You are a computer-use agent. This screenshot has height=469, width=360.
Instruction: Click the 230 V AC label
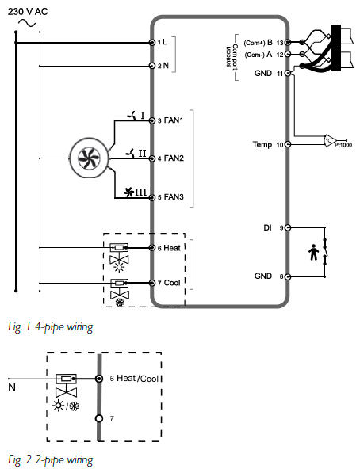point(28,12)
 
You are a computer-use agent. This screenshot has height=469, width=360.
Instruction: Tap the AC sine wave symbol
point(27,23)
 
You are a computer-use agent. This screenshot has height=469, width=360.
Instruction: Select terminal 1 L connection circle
point(151,43)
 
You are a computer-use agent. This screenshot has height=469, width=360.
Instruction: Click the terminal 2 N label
point(163,66)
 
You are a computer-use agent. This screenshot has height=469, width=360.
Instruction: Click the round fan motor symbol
point(89,158)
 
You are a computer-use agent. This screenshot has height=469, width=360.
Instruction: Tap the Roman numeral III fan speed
point(140,192)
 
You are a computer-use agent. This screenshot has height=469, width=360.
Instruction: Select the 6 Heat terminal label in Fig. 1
point(169,248)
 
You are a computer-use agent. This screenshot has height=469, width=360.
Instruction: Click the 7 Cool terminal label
point(169,283)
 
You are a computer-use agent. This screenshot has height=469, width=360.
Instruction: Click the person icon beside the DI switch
point(313,252)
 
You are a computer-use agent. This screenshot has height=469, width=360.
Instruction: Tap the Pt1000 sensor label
point(343,145)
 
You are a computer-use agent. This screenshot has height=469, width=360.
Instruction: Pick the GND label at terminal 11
point(269,73)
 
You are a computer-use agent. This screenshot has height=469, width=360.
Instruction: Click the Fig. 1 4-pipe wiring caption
point(51,326)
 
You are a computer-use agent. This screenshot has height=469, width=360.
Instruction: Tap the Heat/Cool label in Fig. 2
point(137,379)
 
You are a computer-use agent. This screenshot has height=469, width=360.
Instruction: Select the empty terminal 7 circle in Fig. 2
point(99,418)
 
